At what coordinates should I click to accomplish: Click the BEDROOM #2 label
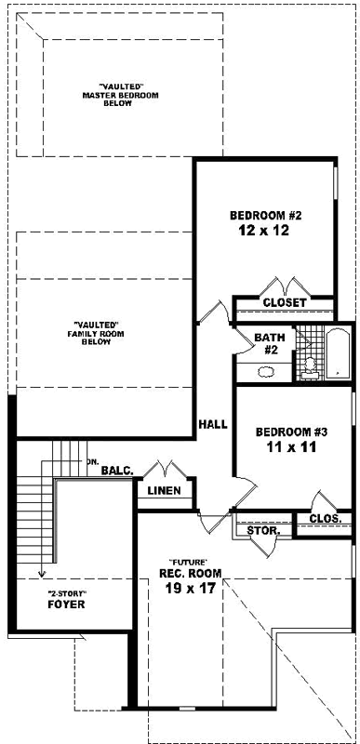[267, 216]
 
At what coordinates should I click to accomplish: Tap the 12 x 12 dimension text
[267, 232]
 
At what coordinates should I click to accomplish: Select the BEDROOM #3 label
[292, 432]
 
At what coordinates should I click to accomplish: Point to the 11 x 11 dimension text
[292, 448]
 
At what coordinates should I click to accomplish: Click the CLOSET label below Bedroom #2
[284, 303]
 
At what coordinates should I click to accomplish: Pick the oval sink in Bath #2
[265, 371]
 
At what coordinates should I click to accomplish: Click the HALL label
[213, 424]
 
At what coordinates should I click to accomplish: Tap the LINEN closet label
[164, 490]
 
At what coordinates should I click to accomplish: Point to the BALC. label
[117, 471]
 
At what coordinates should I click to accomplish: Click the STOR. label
[263, 529]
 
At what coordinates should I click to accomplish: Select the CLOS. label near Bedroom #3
[325, 518]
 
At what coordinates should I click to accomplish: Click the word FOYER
[66, 604]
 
